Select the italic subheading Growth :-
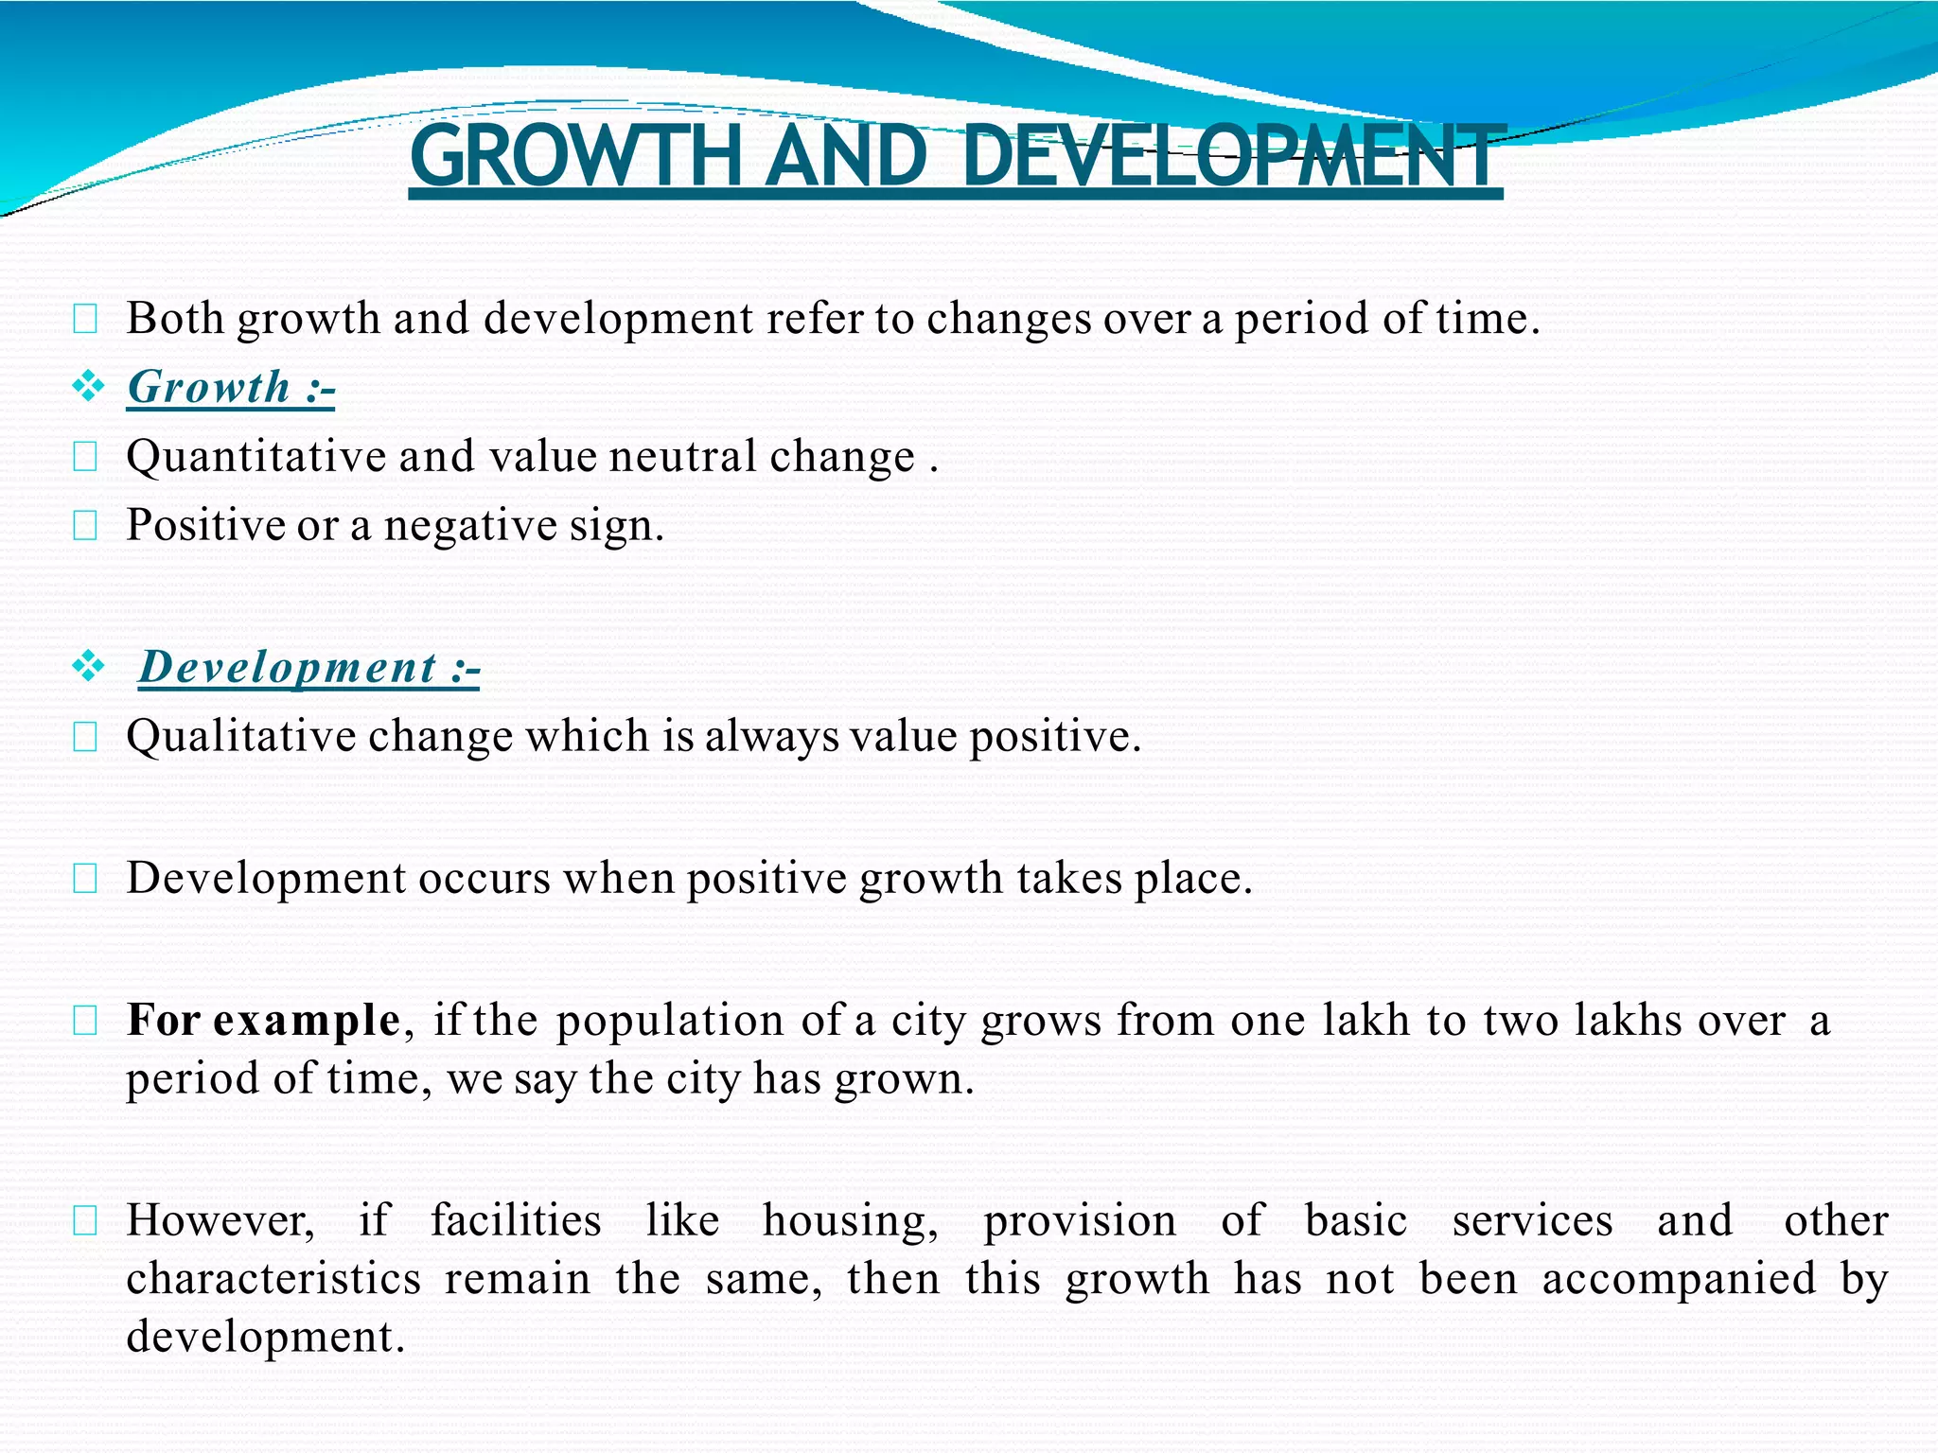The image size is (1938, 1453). click(231, 387)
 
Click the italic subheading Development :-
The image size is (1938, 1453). click(309, 667)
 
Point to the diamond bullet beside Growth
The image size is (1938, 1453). click(88, 386)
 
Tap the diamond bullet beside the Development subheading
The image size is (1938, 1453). click(88, 666)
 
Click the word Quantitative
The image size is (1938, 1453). click(255, 457)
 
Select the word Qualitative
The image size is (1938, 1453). click(240, 737)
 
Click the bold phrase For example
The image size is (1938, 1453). click(264, 1020)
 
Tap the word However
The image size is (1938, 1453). click(220, 1220)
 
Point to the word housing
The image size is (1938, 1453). click(850, 1220)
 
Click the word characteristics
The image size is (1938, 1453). click(273, 1279)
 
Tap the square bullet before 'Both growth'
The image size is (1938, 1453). click(85, 320)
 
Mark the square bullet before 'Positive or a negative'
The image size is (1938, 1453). click(85, 525)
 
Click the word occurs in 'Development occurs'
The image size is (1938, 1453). click(484, 879)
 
